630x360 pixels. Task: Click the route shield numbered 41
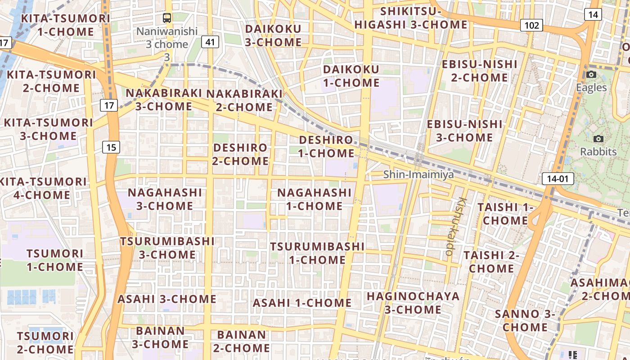210,42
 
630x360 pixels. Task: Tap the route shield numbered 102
531,25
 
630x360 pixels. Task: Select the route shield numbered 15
111,147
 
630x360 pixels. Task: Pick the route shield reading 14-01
558,179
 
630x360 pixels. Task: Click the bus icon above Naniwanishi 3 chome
167,18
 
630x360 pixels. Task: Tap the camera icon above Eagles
591,74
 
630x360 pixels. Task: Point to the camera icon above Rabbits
598,139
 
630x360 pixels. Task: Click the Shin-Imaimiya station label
418,175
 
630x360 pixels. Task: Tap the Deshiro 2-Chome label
240,154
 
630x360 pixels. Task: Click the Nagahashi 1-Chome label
314,199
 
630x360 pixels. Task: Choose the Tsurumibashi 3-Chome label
167,247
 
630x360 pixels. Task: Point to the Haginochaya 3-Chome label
413,303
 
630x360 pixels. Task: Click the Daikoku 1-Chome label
351,76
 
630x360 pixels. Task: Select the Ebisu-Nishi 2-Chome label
479,71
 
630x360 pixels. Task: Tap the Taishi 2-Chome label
491,261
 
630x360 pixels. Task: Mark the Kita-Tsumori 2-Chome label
51,81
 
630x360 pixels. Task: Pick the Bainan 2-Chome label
242,341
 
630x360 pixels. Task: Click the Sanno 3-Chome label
525,320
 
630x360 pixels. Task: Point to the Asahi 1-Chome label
302,303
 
